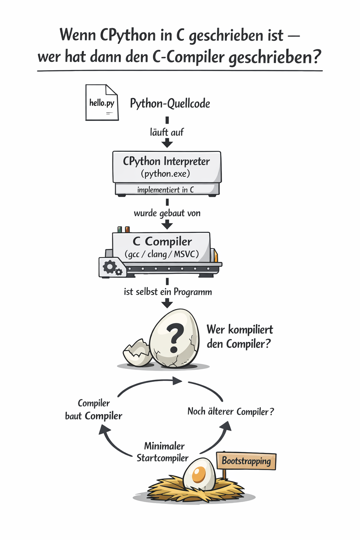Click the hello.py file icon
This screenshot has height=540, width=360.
[x=102, y=103]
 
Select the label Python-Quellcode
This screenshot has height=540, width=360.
[x=170, y=103]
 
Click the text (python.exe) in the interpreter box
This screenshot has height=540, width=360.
[x=166, y=174]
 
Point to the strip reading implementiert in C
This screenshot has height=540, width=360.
[x=166, y=190]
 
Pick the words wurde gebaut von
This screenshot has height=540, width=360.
[x=167, y=213]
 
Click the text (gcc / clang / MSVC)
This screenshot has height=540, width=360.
[x=162, y=254]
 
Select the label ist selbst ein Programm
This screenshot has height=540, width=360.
[x=168, y=292]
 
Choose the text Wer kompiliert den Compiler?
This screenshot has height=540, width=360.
[x=239, y=336]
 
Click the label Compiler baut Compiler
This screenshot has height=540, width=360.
[x=94, y=410]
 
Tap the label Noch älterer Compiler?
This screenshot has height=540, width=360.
[x=230, y=411]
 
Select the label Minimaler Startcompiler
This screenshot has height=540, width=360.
[x=163, y=452]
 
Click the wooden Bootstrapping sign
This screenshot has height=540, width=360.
[x=246, y=461]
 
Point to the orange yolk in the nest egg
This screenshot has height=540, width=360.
[x=199, y=475]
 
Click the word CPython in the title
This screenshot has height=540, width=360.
[x=128, y=35]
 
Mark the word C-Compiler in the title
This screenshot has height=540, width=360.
[x=188, y=57]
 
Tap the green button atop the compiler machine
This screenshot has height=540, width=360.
[x=120, y=229]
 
